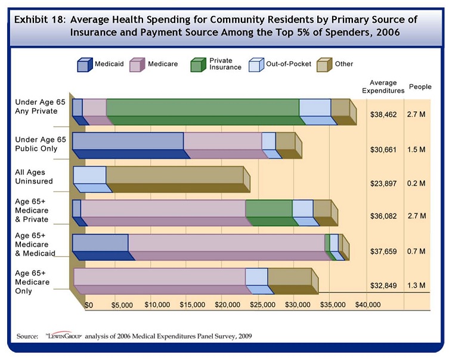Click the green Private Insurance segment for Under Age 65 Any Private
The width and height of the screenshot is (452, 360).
coord(202,107)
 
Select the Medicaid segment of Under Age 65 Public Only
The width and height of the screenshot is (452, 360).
coord(128,141)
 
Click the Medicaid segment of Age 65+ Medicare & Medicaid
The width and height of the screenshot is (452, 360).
coord(100,243)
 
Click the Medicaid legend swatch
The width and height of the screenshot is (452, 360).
coord(83,64)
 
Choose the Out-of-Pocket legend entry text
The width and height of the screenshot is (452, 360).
coord(290,64)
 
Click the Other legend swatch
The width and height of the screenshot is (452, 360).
coord(324,64)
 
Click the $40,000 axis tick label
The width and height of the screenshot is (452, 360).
coord(368,305)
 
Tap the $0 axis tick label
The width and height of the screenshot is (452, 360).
coord(89,305)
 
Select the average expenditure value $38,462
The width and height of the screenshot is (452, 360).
coord(382,112)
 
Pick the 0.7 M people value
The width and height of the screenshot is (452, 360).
coord(416,252)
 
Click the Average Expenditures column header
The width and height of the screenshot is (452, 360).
coord(383,86)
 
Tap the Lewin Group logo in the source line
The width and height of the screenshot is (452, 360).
coord(63,336)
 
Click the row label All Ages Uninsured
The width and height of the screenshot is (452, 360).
coord(34,176)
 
